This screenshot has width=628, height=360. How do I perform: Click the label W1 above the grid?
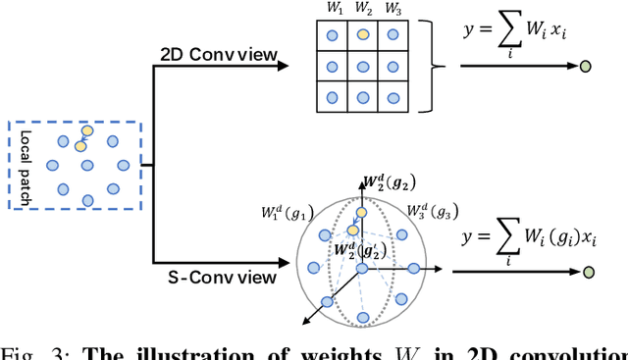click(x=335, y=10)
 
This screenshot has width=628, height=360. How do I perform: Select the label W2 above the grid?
click(x=363, y=10)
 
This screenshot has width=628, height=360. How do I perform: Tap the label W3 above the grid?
click(x=392, y=10)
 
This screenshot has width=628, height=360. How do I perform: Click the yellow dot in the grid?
click(x=363, y=34)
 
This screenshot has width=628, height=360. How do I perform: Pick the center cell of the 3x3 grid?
click(x=363, y=66)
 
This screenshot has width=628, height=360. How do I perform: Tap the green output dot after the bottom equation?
click(x=587, y=272)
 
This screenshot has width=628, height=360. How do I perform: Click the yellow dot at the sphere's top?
click(x=362, y=212)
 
